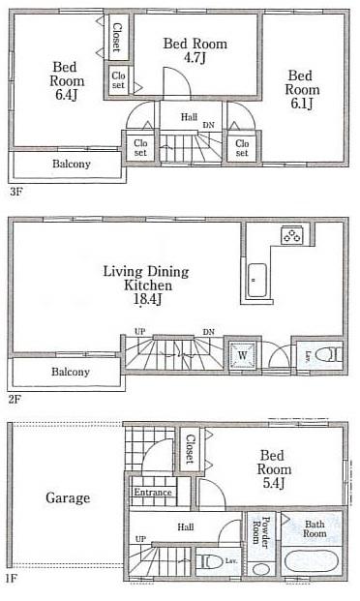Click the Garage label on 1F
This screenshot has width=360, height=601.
pyautogui.click(x=67, y=498)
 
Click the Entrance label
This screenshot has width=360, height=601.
pyautogui.click(x=152, y=493)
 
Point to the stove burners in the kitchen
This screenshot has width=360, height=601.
pyautogui.click(x=291, y=235)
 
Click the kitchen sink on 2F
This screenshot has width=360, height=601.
pyautogui.click(x=256, y=281)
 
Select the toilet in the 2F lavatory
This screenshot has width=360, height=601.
pyautogui.click(x=328, y=354)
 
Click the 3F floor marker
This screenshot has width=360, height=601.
pyautogui.click(x=15, y=192)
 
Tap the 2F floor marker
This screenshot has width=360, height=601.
pyautogui.click(x=15, y=398)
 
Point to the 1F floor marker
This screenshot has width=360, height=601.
pyautogui.click(x=12, y=578)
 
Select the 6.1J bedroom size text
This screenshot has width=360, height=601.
pyautogui.click(x=302, y=105)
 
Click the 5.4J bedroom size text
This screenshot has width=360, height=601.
pyautogui.click(x=272, y=485)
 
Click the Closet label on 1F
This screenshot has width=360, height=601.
pyautogui.click(x=190, y=451)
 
